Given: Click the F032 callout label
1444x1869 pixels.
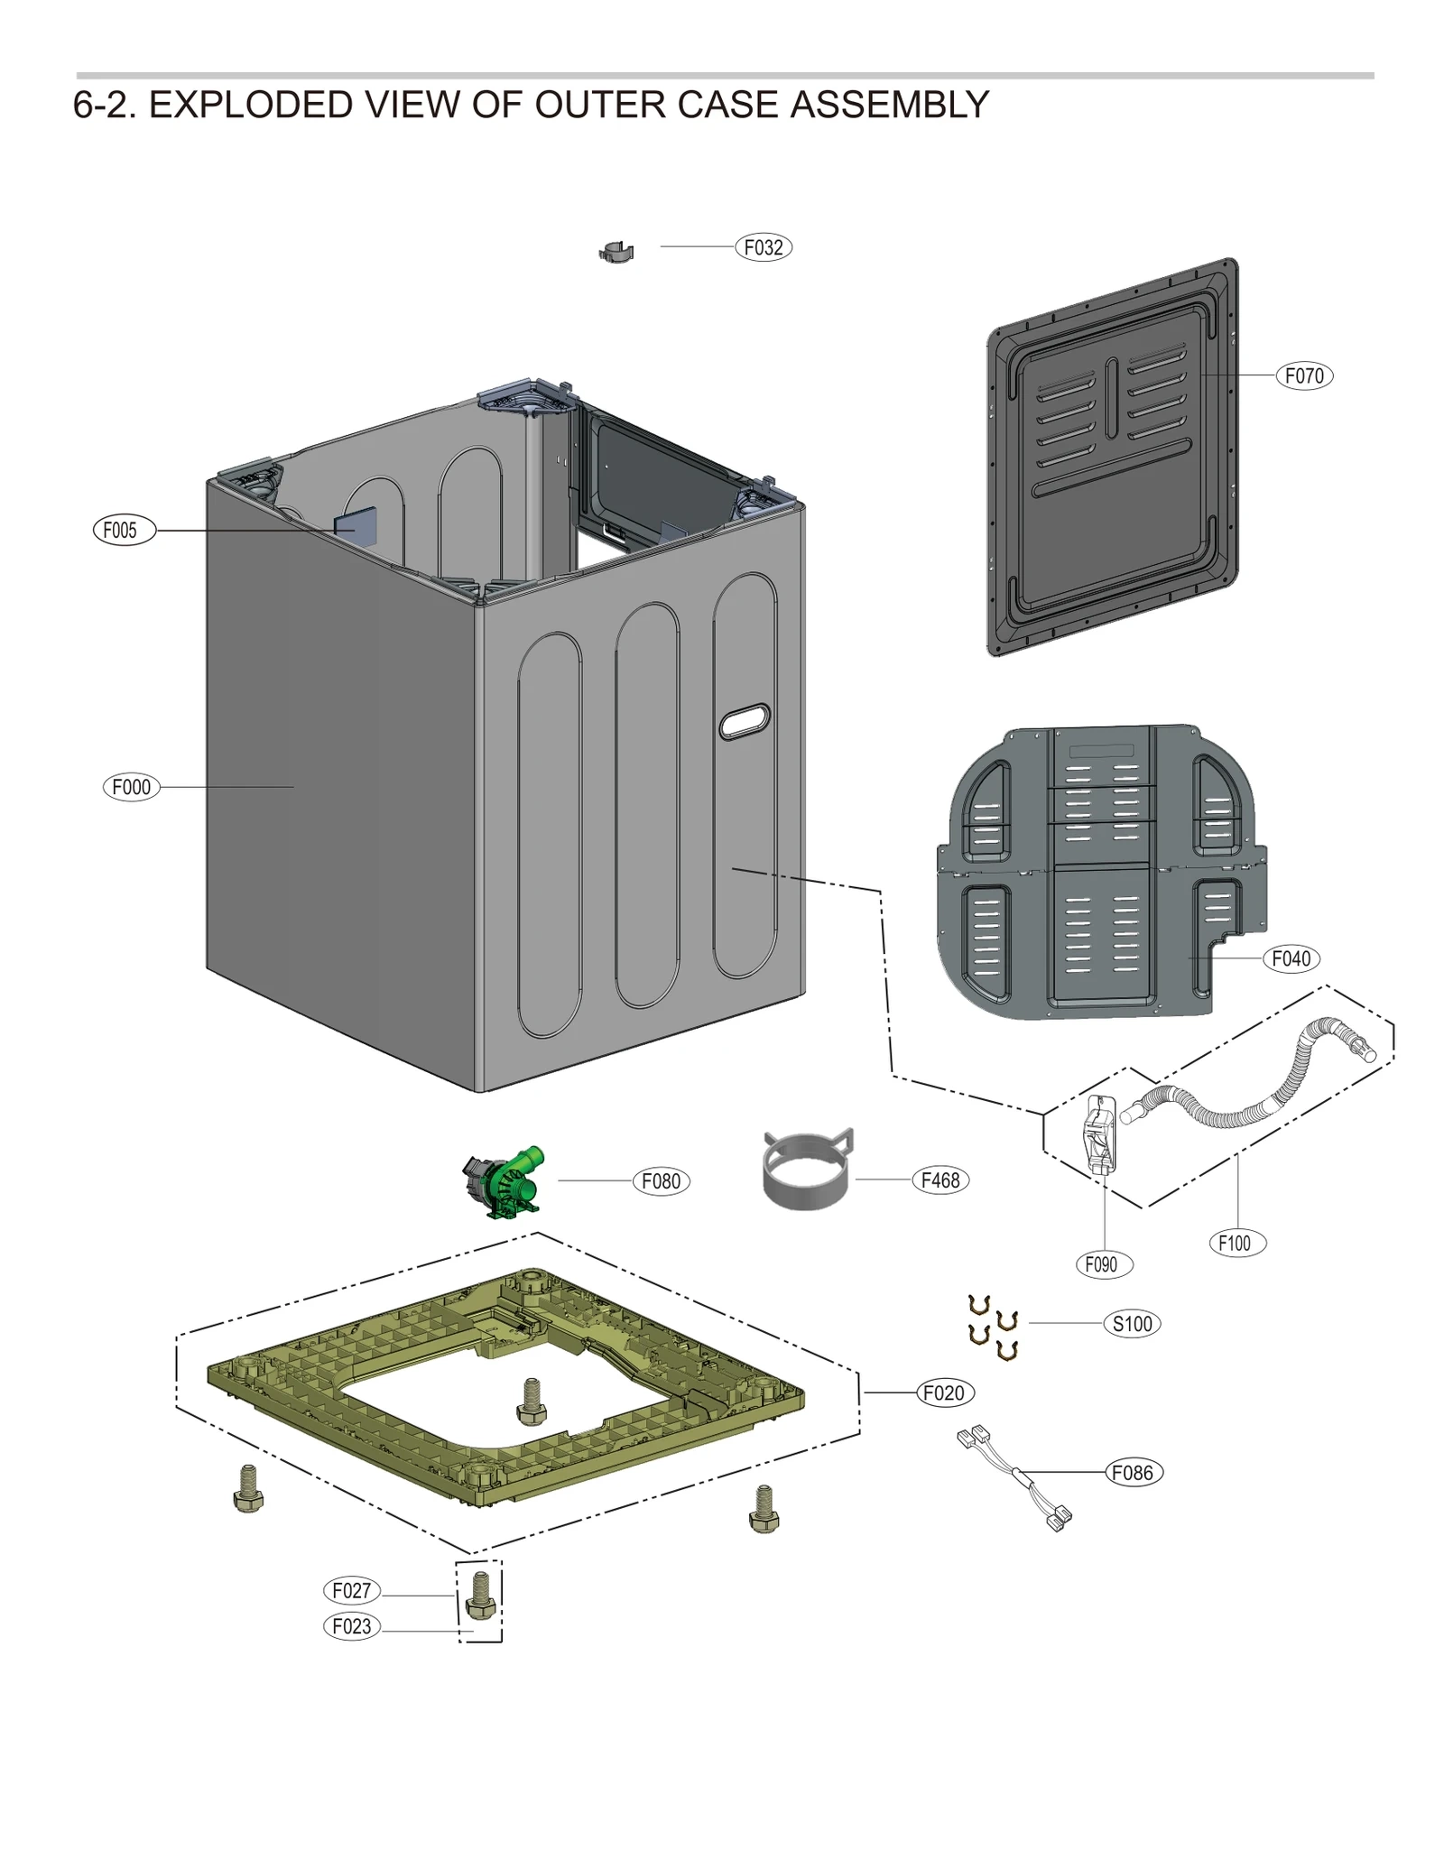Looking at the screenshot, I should pyautogui.click(x=763, y=247).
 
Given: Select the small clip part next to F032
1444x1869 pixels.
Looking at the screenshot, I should pyautogui.click(x=616, y=252).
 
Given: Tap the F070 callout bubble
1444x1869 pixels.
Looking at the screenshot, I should pyautogui.click(x=1303, y=375).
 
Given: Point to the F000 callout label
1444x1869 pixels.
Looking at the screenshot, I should pyautogui.click(x=131, y=787).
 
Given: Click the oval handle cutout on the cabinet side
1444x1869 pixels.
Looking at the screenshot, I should pyautogui.click(x=745, y=722).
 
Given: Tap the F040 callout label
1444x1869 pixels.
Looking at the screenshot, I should pyautogui.click(x=1291, y=958).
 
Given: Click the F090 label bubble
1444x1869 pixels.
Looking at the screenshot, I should pyautogui.click(x=1103, y=1264).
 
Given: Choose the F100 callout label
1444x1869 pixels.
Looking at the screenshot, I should pyautogui.click(x=1236, y=1243).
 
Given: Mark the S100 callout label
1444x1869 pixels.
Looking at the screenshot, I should pyautogui.click(x=1132, y=1324).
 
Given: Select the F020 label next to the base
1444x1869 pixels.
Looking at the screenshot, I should pyautogui.click(x=944, y=1392).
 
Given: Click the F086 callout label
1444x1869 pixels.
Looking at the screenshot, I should pyautogui.click(x=1134, y=1473).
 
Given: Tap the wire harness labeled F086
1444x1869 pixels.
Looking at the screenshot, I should pyautogui.click(x=1015, y=1476).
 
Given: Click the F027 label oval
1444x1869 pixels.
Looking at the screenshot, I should pyautogui.click(x=351, y=1590).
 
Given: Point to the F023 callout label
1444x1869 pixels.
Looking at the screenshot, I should pyautogui.click(x=351, y=1626).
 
